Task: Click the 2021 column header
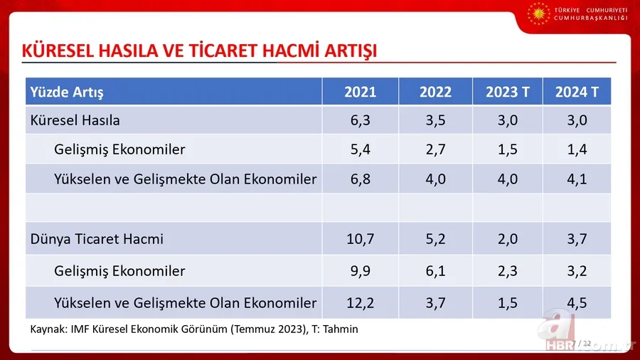pyautogui.click(x=361, y=92)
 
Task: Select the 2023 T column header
pyautogui.click(x=507, y=92)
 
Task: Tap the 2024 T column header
pyautogui.click(x=577, y=92)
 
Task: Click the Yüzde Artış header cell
pyautogui.click(x=65, y=92)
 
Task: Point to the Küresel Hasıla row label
pyautogui.click(x=75, y=120)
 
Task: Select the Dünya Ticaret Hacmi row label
pyautogui.click(x=97, y=239)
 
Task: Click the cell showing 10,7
pyautogui.click(x=361, y=239)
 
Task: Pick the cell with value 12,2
pyautogui.click(x=361, y=303)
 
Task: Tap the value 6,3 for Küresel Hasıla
pyautogui.click(x=361, y=120)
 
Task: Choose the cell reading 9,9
pyautogui.click(x=361, y=271)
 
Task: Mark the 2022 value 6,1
pyautogui.click(x=435, y=271)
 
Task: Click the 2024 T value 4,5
pyautogui.click(x=577, y=303)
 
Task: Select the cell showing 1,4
pyautogui.click(x=577, y=149)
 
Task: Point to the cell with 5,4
pyautogui.click(x=361, y=149)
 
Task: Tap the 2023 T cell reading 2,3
pyautogui.click(x=507, y=271)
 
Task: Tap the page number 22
pyautogui.click(x=587, y=343)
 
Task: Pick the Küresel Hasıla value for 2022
pyautogui.click(x=435, y=120)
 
